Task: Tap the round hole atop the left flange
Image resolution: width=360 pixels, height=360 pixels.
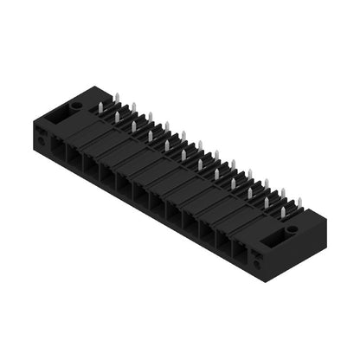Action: [x=77, y=106]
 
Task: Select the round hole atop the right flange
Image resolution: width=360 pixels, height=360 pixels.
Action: [x=292, y=229]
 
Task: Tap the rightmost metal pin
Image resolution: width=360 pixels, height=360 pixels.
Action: [x=299, y=203]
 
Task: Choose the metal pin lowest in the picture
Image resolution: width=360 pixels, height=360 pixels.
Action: [x=282, y=214]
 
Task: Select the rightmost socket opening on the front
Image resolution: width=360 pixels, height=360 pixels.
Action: [x=238, y=252]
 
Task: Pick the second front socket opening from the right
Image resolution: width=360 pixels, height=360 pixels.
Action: [x=222, y=243]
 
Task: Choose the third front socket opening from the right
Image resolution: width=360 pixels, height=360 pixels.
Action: [x=205, y=234]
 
